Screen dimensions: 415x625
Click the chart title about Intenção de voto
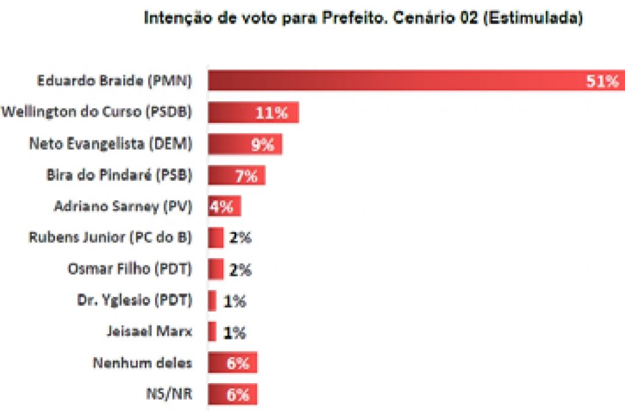363,19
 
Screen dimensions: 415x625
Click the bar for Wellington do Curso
232,113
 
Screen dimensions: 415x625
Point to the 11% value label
271,113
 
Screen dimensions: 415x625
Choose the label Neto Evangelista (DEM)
110,144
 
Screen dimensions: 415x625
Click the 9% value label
262,145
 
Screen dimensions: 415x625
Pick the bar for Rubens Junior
215,237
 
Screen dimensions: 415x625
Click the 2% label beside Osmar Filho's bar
240,269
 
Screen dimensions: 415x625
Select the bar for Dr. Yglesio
212,300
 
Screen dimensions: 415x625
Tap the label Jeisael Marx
149,331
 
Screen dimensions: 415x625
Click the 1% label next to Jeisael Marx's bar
234,332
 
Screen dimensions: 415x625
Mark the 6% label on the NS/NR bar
238,395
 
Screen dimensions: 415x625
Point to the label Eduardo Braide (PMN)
114,81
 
